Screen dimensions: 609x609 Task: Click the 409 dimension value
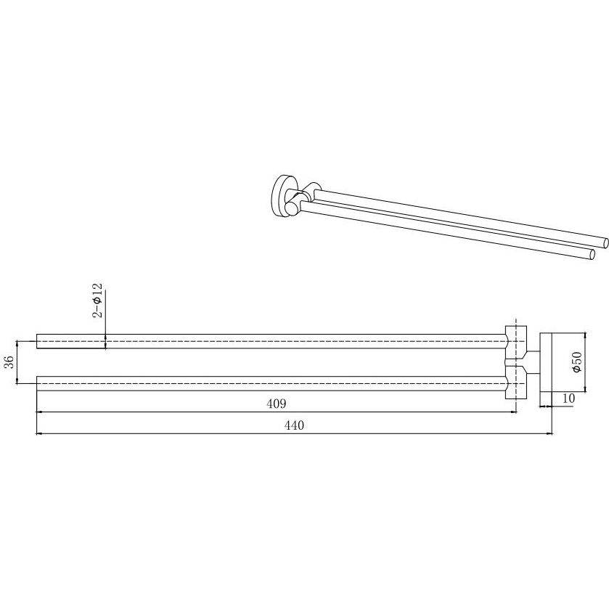pos(276,404)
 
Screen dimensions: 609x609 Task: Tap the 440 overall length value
pos(294,425)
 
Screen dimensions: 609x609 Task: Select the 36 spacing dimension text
pos(10,362)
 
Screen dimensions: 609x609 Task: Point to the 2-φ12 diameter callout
pos(98,301)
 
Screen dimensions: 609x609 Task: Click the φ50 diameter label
pos(577,362)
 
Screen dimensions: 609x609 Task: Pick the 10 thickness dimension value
pos(568,398)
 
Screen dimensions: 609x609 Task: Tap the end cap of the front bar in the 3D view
pos(592,255)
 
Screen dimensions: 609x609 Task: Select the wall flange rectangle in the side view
pos(546,362)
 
